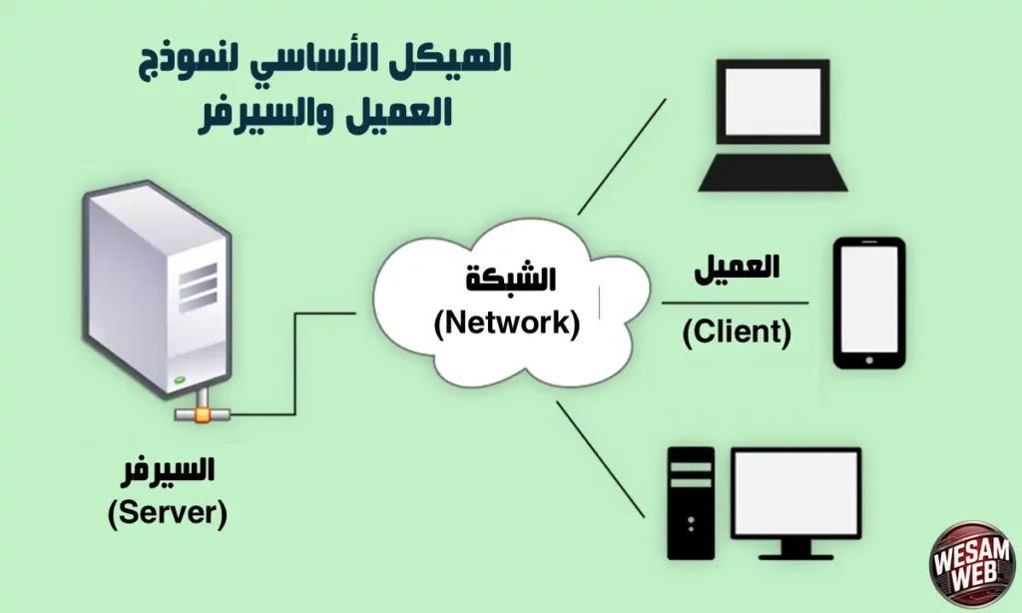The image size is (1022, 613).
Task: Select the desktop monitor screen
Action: pos(795,494)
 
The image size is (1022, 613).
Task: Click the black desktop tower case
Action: pos(691,501)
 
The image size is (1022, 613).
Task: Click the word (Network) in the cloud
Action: pos(506,323)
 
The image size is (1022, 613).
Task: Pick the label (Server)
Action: pos(168,513)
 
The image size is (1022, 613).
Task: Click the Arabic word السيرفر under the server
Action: pos(168,472)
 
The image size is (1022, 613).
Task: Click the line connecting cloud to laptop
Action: pos(622,156)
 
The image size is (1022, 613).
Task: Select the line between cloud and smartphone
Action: pos(736,303)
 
